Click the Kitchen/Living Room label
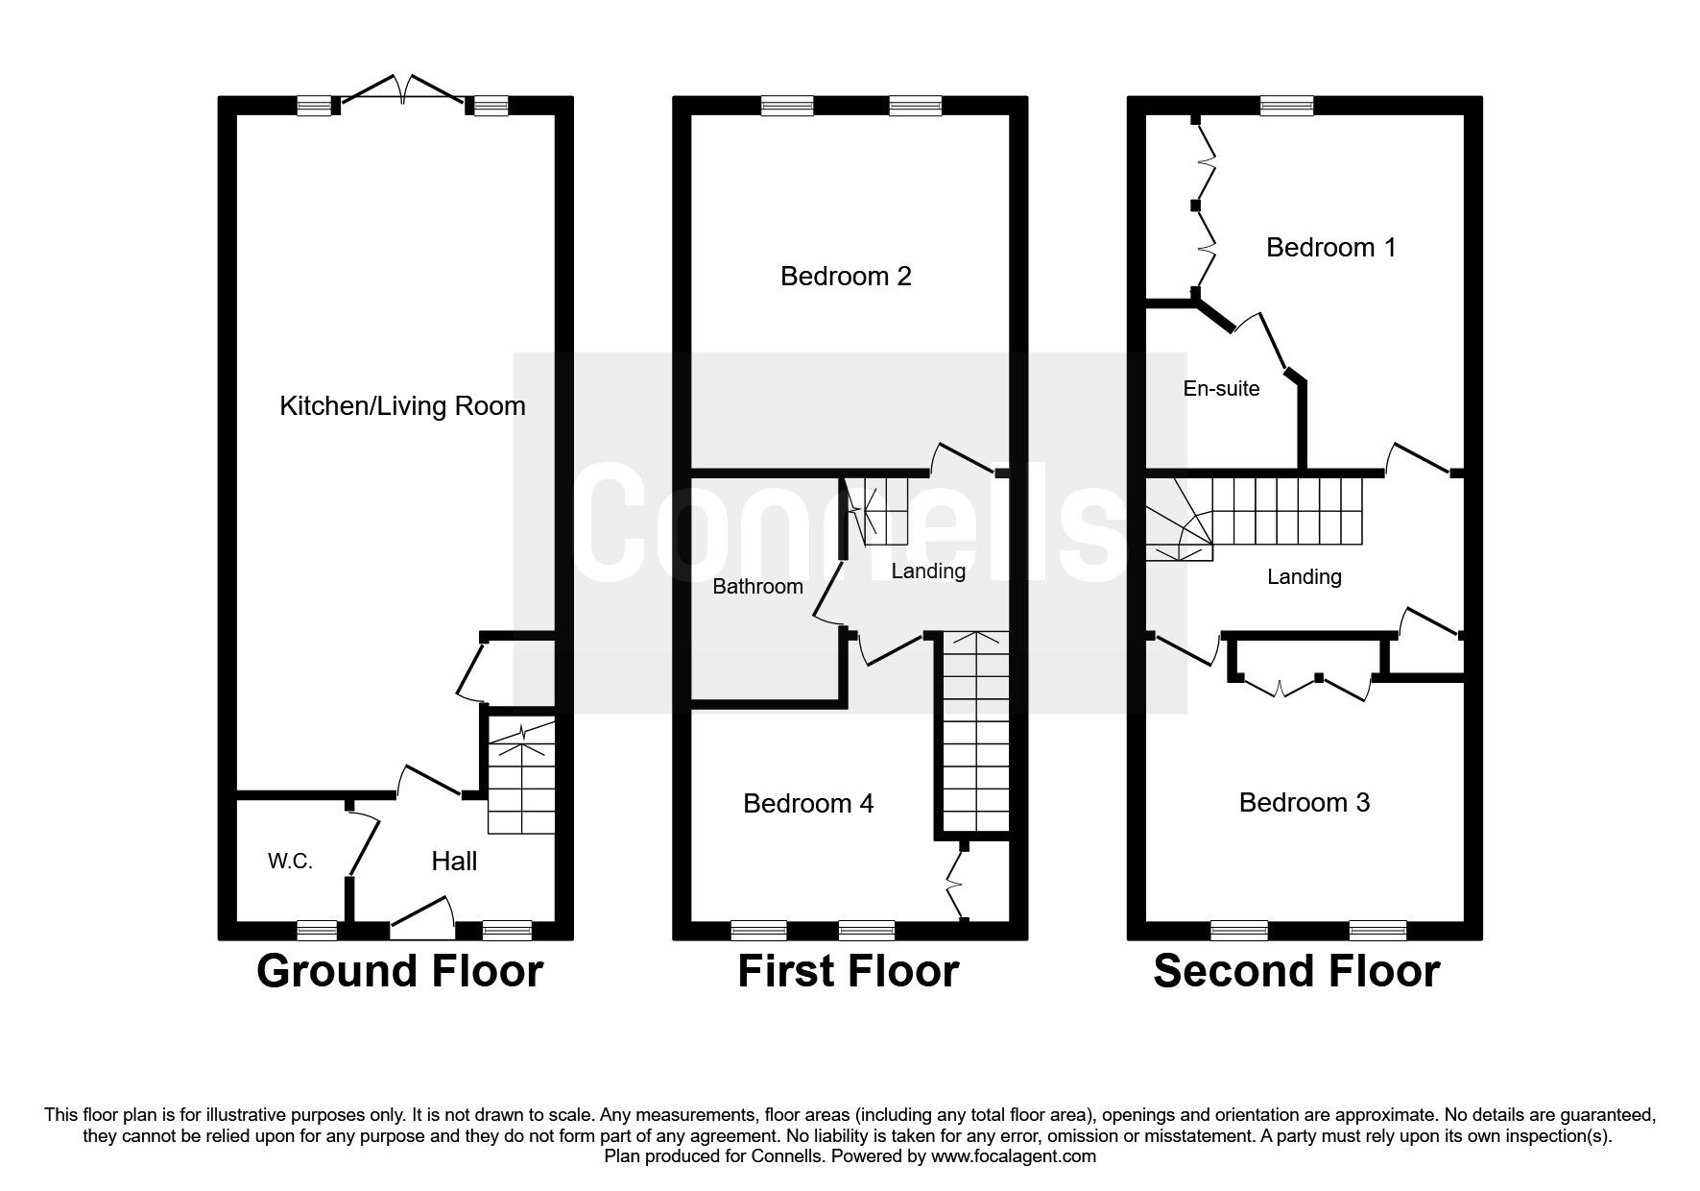(x=402, y=406)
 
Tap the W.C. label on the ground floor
(x=290, y=862)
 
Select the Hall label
(x=454, y=862)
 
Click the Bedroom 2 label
(x=846, y=277)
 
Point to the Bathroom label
(x=757, y=587)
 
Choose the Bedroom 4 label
(x=808, y=803)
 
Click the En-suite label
(x=1221, y=389)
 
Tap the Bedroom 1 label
(x=1330, y=248)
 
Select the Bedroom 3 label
(x=1304, y=803)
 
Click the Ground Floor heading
(x=399, y=971)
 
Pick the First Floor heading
(x=848, y=971)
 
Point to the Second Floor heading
(x=1296, y=971)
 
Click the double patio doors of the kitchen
(x=403, y=89)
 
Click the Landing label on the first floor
(x=928, y=571)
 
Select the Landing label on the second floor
(x=1304, y=577)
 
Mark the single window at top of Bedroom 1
(x=1287, y=107)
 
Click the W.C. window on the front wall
(x=317, y=930)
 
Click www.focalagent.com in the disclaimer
(x=1014, y=1156)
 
